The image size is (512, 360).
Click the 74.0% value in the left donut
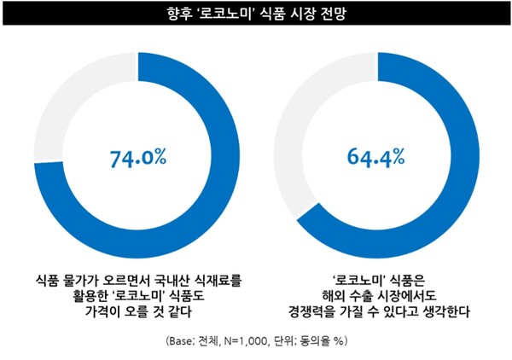(138, 158)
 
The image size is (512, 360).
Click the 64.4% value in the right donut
(375, 158)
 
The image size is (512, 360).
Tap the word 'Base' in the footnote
(182, 340)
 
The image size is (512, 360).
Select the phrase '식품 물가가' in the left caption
(71, 278)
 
